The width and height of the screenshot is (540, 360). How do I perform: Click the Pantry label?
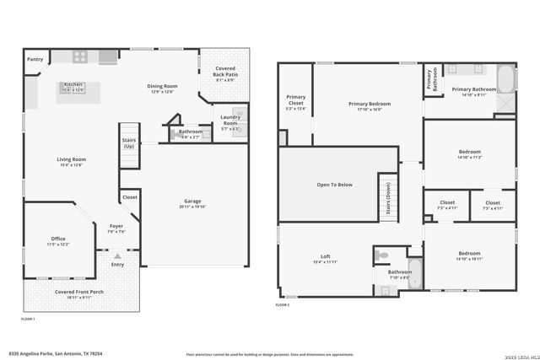[x=35, y=59]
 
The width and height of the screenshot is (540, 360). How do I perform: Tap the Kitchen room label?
[x=73, y=84]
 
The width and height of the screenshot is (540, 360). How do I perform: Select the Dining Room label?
[x=162, y=85]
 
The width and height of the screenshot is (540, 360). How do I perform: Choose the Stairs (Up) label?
[x=129, y=142]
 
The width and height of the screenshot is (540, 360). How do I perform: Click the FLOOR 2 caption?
[x=282, y=305]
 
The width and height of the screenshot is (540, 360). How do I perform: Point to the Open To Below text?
[x=334, y=184]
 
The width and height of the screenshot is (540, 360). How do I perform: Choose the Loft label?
[x=325, y=256]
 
